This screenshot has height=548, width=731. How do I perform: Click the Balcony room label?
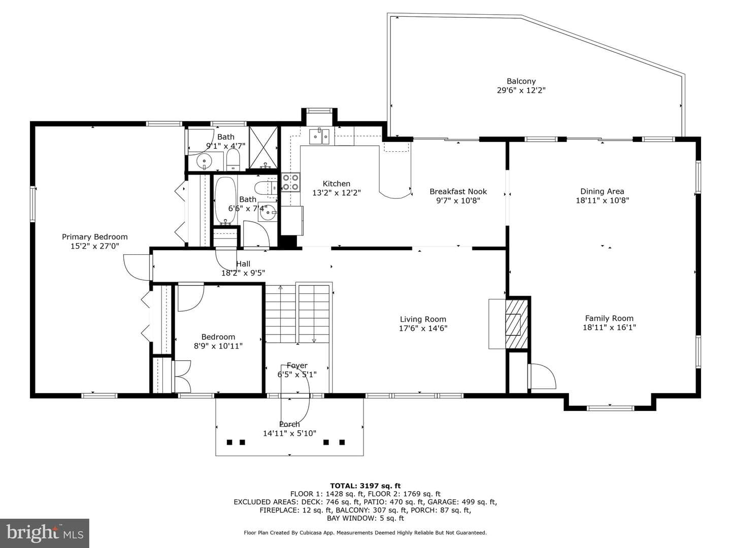[x=521, y=81]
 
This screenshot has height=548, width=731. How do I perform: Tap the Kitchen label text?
[x=337, y=183]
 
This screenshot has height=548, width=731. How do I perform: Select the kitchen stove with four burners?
[x=290, y=182]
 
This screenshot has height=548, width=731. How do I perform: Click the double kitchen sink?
[x=319, y=136]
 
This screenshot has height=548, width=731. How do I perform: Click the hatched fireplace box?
[x=517, y=324]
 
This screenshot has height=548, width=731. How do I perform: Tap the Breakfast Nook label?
[x=458, y=191]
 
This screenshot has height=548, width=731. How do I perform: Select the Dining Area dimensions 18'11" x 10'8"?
[x=602, y=200]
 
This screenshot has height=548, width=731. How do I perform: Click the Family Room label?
[x=609, y=318]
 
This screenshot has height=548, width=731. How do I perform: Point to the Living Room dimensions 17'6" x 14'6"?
[x=423, y=328]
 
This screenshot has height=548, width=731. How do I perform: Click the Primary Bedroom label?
[x=94, y=236]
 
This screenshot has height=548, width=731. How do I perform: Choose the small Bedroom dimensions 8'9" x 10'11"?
[x=218, y=346]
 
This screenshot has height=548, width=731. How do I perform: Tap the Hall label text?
[x=243, y=264]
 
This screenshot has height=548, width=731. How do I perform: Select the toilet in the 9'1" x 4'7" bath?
[x=233, y=160]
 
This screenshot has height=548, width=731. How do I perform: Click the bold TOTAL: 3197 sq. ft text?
[x=365, y=486]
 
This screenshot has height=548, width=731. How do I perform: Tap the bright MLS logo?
[x=45, y=533]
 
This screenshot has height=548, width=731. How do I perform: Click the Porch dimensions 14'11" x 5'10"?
[x=289, y=433]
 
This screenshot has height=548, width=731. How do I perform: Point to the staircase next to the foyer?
[x=297, y=313]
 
